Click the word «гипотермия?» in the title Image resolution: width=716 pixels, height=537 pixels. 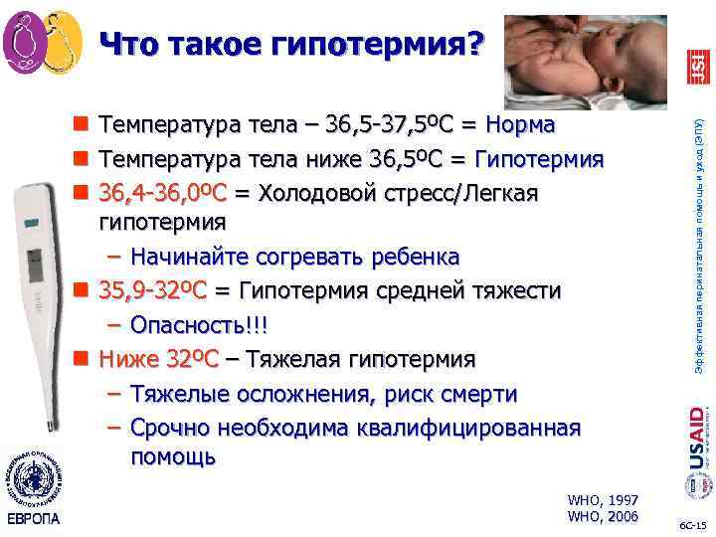click(x=393, y=44)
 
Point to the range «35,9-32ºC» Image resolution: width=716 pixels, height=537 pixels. click(x=152, y=290)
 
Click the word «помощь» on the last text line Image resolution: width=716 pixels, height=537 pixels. click(x=172, y=458)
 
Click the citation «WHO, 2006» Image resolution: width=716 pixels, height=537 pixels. click(x=602, y=516)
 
